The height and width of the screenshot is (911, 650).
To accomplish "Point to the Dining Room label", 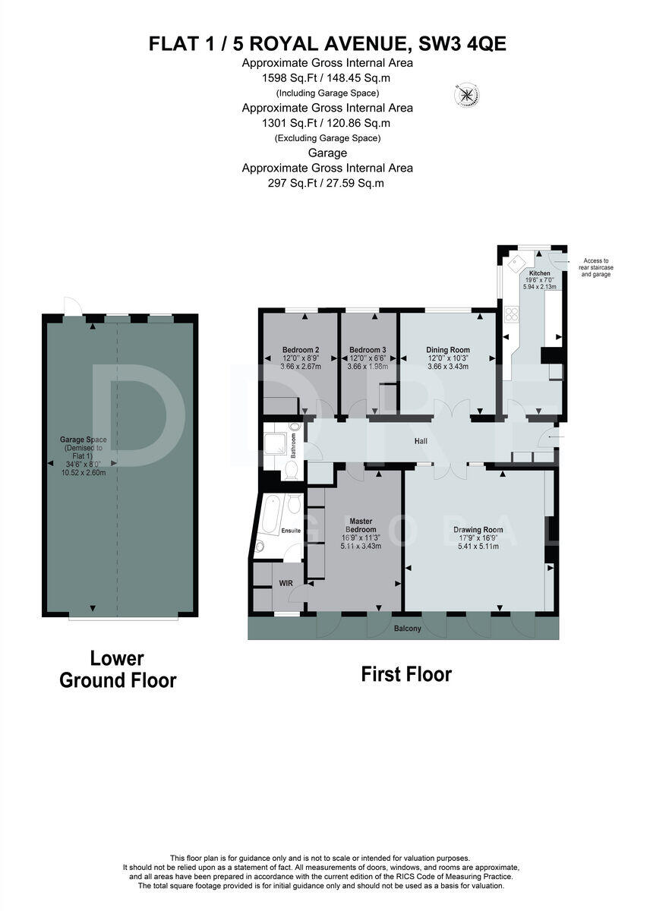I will click(x=449, y=350).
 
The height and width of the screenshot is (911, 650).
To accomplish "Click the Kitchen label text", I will click(x=539, y=273).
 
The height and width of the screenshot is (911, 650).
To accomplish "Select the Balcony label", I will click(x=407, y=629).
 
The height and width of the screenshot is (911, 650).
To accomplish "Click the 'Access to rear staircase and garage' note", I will click(x=595, y=266).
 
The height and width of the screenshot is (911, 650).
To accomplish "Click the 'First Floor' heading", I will click(x=405, y=674).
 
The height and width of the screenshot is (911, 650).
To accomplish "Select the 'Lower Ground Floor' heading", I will click(x=118, y=670).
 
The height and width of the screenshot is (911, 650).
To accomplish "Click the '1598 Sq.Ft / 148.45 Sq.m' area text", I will click(x=327, y=77).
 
